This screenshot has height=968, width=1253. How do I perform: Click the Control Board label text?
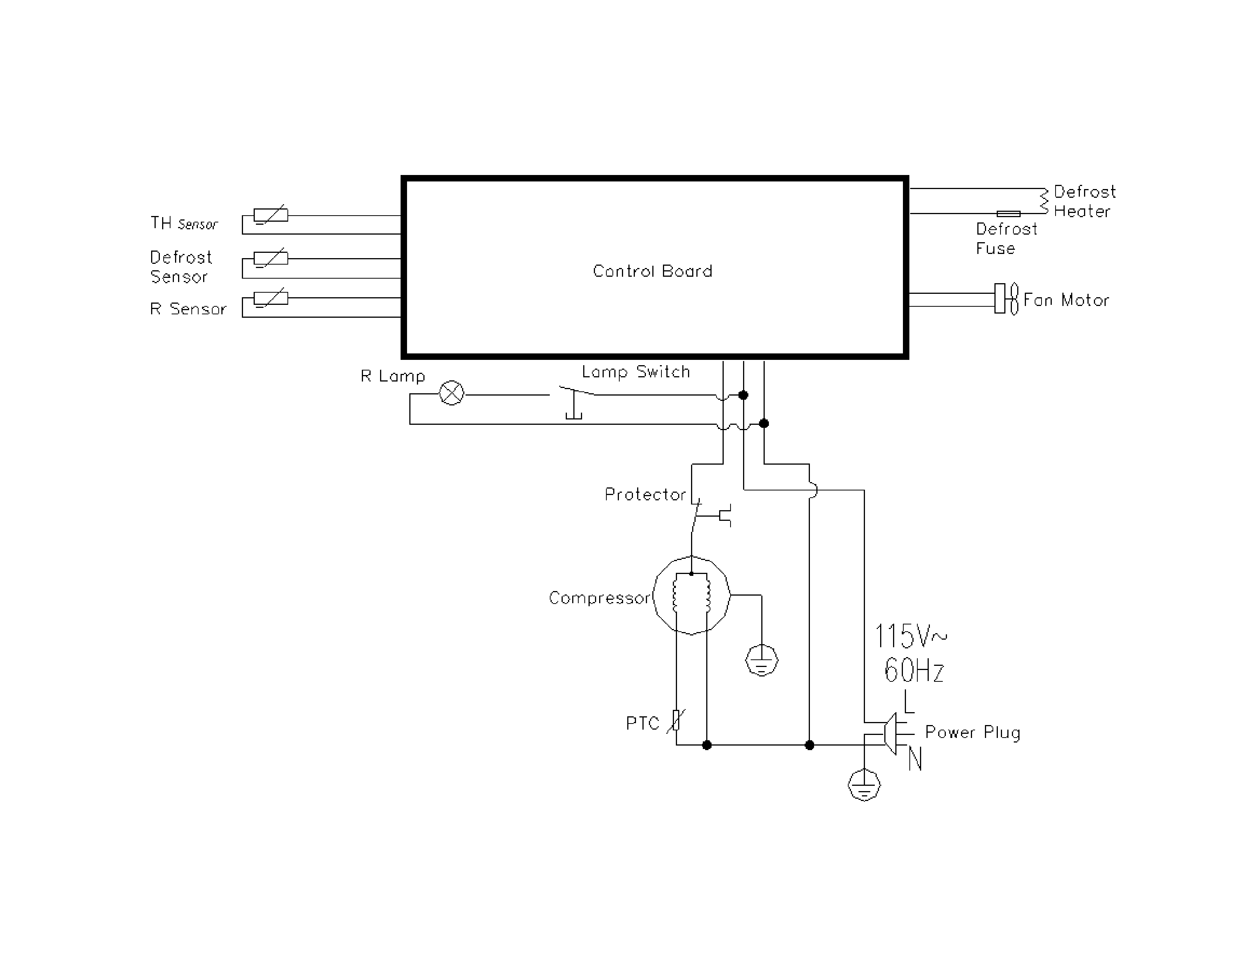(x=652, y=271)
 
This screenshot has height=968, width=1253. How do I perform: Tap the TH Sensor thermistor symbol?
(x=271, y=216)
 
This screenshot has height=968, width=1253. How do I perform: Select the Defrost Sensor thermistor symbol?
(x=271, y=259)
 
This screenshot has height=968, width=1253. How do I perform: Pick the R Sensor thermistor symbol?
(x=271, y=298)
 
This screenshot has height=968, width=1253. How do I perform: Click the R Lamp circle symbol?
(x=451, y=393)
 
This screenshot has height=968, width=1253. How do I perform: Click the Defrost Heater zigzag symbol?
(x=1044, y=201)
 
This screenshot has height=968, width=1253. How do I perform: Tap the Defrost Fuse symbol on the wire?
(x=1008, y=214)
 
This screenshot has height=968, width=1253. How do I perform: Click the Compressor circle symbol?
(x=691, y=595)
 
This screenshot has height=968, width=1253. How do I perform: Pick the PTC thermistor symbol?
(x=676, y=720)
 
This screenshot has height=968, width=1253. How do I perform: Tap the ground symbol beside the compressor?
(x=761, y=661)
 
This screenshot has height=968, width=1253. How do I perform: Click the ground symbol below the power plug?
(x=864, y=785)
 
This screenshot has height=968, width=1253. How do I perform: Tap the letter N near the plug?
(x=915, y=759)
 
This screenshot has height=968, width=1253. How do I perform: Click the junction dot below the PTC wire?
(x=707, y=745)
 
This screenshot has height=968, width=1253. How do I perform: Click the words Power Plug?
(x=972, y=733)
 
